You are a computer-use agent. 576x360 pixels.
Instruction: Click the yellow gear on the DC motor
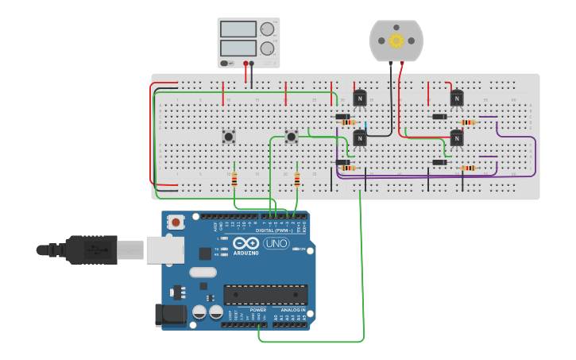click(x=396, y=41)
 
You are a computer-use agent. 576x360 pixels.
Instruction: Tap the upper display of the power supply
click(x=238, y=29)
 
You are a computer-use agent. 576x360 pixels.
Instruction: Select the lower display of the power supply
click(x=238, y=48)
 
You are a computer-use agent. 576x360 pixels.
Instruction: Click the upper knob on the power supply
click(x=267, y=29)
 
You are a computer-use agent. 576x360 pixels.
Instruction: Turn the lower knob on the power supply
click(x=267, y=48)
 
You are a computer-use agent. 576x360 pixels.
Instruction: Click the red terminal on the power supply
click(x=245, y=63)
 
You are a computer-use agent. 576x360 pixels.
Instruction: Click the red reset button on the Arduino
click(x=175, y=220)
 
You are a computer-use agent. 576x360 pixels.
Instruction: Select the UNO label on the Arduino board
click(x=276, y=243)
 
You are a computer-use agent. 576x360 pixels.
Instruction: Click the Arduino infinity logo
click(x=246, y=243)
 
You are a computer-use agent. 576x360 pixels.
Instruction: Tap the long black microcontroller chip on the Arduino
click(x=265, y=295)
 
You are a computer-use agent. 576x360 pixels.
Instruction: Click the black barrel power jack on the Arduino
click(x=172, y=315)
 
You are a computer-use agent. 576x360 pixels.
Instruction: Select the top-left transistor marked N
click(x=360, y=98)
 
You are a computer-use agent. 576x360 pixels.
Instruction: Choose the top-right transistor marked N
click(x=456, y=98)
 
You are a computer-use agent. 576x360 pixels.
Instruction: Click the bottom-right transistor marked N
click(x=456, y=138)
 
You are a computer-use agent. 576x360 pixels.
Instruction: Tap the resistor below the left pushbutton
click(x=234, y=180)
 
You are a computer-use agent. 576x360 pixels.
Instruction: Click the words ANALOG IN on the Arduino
click(x=292, y=310)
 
